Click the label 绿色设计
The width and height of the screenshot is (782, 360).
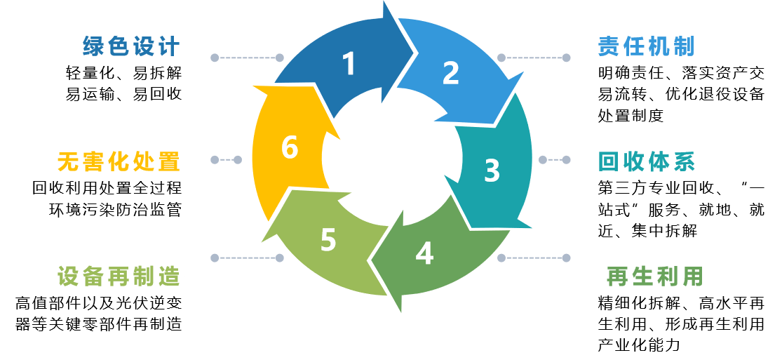(x=131, y=47)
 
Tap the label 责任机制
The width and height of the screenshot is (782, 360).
(x=646, y=47)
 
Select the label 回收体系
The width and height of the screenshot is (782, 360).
(x=646, y=161)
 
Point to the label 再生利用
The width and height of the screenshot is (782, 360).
(x=654, y=276)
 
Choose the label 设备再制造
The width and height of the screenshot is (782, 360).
(x=119, y=276)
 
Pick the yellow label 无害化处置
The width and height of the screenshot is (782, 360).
(x=119, y=162)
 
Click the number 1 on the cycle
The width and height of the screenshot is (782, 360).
(x=349, y=65)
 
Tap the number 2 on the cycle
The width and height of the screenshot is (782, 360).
(x=450, y=73)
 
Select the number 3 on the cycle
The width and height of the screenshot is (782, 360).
(x=492, y=171)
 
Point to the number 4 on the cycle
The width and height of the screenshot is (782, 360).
(x=424, y=254)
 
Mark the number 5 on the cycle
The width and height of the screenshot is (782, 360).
(x=328, y=240)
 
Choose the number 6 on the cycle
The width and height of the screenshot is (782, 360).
(x=289, y=148)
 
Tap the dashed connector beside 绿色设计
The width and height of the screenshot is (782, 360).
(x=247, y=58)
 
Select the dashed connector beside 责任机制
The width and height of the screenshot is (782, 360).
(x=534, y=58)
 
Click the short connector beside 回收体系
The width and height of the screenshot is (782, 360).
(x=554, y=160)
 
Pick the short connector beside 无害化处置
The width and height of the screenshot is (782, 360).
(x=226, y=160)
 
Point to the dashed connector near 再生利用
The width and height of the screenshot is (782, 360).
(x=534, y=258)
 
